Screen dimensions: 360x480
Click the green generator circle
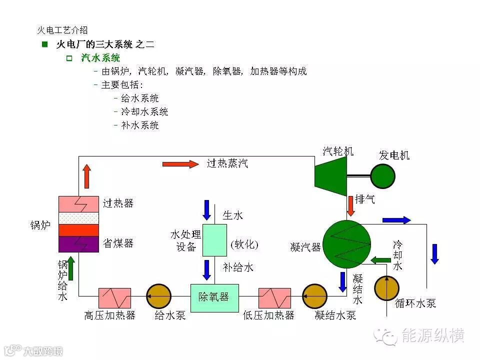tap(382, 176)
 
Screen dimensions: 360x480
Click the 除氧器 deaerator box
tap(214, 297)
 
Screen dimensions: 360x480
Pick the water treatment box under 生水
tap(214, 240)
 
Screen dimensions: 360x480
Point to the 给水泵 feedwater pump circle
tap(158, 297)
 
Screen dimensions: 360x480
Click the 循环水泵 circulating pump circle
tap(387, 288)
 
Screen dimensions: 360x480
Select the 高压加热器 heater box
tap(114, 298)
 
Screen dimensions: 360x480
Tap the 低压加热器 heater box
tap(275, 298)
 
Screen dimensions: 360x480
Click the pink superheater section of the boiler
tap(78, 204)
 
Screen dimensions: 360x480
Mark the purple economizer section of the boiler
tap(78, 243)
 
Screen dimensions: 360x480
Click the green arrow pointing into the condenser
tap(381, 259)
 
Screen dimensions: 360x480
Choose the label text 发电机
tap(394, 155)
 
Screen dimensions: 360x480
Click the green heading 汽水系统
tap(100, 58)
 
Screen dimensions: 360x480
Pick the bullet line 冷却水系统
tap(144, 112)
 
